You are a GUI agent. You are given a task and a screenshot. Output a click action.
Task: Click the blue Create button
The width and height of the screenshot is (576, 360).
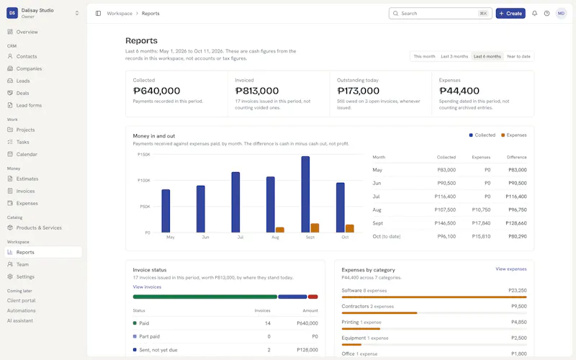[510, 13]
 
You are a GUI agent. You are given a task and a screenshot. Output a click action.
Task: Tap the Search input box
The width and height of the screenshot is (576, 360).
[440, 13]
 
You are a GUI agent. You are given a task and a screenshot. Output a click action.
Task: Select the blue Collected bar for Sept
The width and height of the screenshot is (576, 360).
[305, 194]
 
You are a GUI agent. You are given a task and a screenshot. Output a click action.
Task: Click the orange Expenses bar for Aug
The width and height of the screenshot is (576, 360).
[280, 230]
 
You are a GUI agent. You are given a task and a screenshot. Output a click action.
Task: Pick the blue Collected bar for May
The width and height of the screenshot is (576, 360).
[166, 211]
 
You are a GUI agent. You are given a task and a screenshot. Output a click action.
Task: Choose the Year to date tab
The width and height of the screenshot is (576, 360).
[518, 57]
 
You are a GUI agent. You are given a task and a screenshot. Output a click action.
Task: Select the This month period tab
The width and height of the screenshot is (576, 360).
[424, 57]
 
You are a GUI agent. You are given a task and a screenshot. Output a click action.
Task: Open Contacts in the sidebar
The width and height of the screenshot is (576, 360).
[27, 56]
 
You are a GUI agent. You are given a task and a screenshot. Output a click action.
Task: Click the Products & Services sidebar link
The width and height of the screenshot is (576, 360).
[39, 228]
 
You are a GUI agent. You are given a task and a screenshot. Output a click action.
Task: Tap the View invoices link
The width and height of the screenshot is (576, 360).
[147, 287]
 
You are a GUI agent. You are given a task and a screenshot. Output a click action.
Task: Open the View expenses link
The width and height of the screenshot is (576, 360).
[511, 269]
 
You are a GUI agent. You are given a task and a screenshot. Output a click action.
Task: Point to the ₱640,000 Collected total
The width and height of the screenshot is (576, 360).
[156, 91]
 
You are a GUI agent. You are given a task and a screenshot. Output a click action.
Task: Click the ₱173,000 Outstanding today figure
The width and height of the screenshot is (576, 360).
[358, 91]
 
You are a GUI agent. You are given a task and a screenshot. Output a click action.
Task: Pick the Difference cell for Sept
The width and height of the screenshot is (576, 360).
[516, 223]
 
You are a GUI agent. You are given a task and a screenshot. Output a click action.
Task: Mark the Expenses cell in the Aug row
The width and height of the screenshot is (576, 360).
[481, 210]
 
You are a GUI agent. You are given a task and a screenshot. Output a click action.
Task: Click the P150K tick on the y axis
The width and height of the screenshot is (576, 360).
[143, 155]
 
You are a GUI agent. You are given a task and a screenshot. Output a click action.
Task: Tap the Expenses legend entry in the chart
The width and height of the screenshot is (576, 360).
[514, 135]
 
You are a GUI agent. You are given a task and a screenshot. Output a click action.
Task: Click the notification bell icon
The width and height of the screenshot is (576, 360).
[534, 13]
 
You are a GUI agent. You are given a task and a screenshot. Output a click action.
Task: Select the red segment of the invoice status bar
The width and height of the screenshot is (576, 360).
[313, 297]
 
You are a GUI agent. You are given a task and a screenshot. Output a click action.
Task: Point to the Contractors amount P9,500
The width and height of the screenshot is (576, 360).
[519, 306]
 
